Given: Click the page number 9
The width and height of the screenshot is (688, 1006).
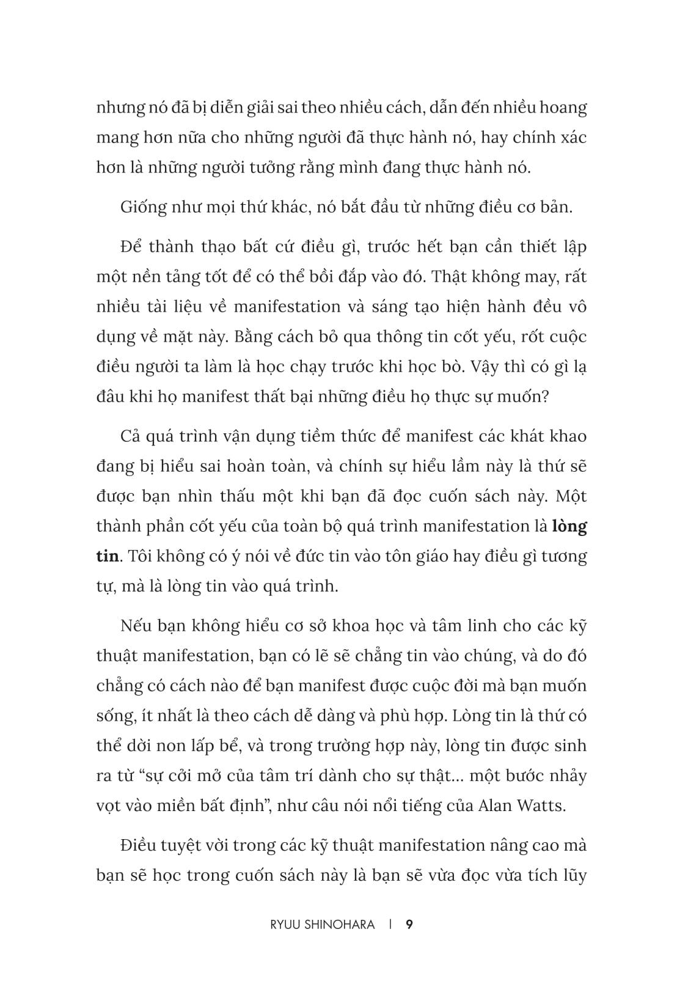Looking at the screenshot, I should (x=409, y=925).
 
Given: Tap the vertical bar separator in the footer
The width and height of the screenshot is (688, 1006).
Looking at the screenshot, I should (x=390, y=925).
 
